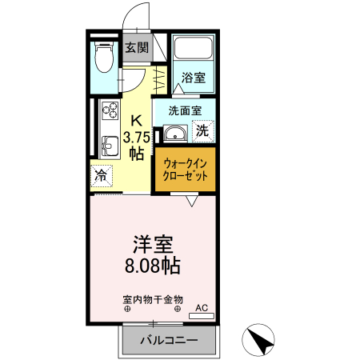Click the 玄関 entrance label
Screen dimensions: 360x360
tap(137, 47)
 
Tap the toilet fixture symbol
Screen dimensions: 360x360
tap(102, 58)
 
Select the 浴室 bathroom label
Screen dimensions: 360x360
tap(193, 78)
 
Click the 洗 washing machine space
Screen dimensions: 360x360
tap(203, 130)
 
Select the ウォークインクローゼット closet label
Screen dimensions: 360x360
tap(185, 169)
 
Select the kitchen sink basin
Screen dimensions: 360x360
tap(107, 145)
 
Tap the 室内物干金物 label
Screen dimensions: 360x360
tap(152, 298)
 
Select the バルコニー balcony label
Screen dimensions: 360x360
tap(169, 341)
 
